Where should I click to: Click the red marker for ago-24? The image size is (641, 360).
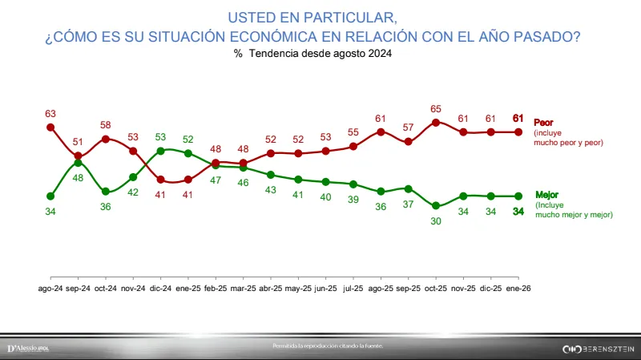[50, 127]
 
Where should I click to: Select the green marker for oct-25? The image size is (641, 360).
[436, 206]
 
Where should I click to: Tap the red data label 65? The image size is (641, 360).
[436, 109]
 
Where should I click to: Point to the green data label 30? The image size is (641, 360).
[436, 221]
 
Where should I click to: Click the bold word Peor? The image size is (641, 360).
[544, 123]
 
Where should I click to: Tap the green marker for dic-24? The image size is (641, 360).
[161, 150]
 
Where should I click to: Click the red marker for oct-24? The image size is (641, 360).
[106, 139]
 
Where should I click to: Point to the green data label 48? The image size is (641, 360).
[78, 178]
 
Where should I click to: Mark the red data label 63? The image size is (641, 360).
[50, 113]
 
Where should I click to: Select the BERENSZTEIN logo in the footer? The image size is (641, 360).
[598, 349]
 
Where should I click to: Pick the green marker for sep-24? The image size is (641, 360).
[78, 163]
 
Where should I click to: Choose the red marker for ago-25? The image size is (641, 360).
[381, 131]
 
